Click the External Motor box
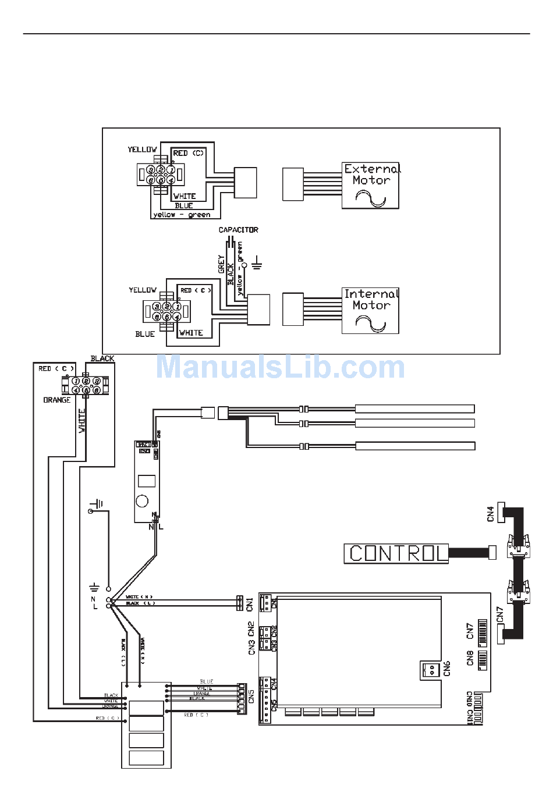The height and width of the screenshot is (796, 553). (x=370, y=186)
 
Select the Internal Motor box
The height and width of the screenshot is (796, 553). (x=370, y=310)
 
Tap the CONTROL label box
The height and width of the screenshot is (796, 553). (x=396, y=553)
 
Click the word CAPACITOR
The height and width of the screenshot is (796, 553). (x=238, y=230)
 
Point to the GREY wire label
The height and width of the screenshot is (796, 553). (x=221, y=264)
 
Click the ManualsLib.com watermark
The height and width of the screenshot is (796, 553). (x=280, y=367)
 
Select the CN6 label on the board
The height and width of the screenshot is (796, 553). (x=446, y=668)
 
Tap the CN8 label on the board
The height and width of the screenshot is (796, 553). (x=470, y=658)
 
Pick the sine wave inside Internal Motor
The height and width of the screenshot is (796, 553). (x=371, y=324)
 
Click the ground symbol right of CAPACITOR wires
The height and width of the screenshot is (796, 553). (x=257, y=265)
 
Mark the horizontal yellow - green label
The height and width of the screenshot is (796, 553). (x=182, y=215)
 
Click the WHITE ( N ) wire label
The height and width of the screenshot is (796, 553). (x=139, y=597)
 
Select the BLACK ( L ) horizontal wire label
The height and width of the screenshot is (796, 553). (x=140, y=603)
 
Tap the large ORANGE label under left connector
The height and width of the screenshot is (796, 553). (x=57, y=400)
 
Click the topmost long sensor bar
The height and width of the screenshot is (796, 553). (x=414, y=409)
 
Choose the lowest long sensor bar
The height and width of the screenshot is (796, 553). (x=415, y=446)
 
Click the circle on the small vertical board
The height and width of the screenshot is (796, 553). (x=142, y=501)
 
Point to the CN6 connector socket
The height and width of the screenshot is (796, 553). (x=431, y=670)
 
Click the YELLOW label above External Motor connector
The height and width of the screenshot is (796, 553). (x=143, y=150)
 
